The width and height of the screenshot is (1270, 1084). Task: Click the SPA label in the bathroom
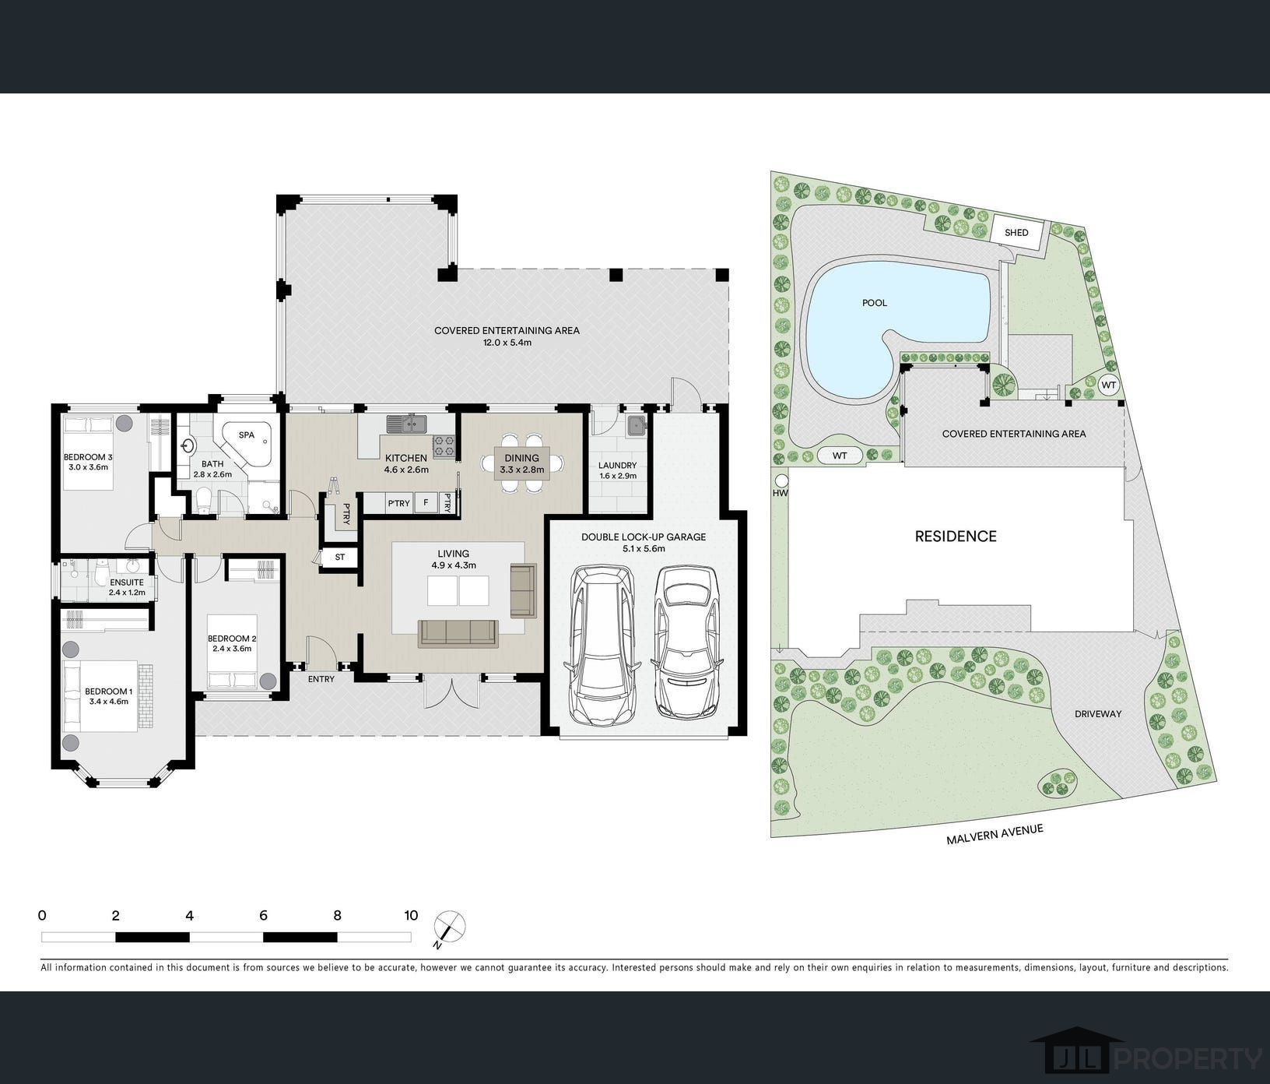pyautogui.click(x=247, y=435)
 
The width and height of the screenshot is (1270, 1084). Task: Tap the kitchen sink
pyautogui.click(x=406, y=424)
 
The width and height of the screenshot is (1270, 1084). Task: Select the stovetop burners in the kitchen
pyautogui.click(x=444, y=445)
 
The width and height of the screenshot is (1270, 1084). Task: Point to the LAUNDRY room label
pyautogui.click(x=618, y=466)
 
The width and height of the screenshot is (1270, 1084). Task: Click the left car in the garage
pyautogui.click(x=602, y=643)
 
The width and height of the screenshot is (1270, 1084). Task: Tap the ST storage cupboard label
pyautogui.click(x=340, y=557)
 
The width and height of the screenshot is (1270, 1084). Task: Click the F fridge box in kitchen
pyautogui.click(x=426, y=503)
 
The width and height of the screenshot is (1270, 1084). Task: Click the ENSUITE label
pyautogui.click(x=127, y=582)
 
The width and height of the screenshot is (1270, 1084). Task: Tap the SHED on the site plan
pyautogui.click(x=1016, y=233)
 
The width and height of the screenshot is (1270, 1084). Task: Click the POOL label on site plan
pyautogui.click(x=875, y=303)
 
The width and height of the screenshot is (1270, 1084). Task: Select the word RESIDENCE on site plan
pyautogui.click(x=956, y=536)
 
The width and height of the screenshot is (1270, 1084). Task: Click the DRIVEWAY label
pyautogui.click(x=1098, y=713)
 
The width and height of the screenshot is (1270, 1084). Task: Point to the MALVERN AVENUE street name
pyautogui.click(x=995, y=835)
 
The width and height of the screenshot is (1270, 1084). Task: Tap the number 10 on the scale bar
pyautogui.click(x=411, y=916)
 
